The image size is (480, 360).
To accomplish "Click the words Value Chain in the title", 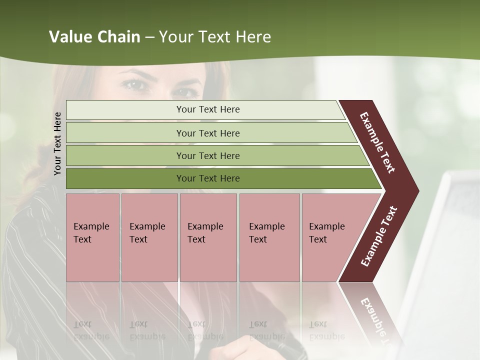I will (x=94, y=37).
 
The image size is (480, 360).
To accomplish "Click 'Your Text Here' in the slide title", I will (x=215, y=37).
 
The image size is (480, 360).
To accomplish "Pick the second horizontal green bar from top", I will (x=208, y=133).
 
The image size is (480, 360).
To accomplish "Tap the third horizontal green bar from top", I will (x=208, y=155).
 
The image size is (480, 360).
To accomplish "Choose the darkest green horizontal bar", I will (x=208, y=178).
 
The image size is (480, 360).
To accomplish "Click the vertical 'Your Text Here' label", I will (x=57, y=143).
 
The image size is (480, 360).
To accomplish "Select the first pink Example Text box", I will (x=92, y=237).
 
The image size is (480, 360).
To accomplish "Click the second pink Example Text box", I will (x=149, y=237).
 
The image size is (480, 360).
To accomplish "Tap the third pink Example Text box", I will (x=208, y=237).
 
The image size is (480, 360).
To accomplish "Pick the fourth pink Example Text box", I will (x=269, y=237).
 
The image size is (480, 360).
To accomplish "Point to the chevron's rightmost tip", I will (x=417, y=190).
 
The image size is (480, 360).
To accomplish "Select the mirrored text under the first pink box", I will (x=91, y=330).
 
